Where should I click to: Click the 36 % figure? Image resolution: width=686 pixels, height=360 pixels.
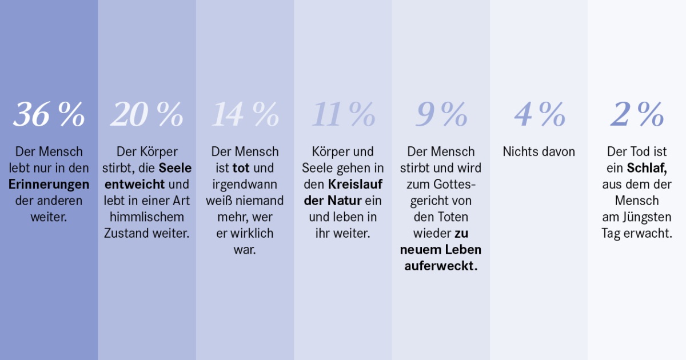(49, 115)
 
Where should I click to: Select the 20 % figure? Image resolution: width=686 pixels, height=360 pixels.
(147, 115)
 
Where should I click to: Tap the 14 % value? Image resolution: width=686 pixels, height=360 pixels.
(245, 115)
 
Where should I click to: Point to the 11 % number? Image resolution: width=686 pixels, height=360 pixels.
(343, 115)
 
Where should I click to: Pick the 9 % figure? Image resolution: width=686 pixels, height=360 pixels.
(441, 115)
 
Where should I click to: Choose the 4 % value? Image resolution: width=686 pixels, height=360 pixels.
(539, 115)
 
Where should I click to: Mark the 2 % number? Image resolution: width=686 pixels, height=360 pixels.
(637, 115)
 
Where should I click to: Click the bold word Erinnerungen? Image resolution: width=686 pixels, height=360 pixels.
(49, 185)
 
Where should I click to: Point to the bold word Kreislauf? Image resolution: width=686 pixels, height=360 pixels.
(355, 185)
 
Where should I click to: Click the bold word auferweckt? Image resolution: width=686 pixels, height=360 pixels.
(440, 266)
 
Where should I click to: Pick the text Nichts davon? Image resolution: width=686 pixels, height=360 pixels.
(539, 152)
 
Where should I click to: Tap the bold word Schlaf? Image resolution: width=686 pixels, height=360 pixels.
(647, 169)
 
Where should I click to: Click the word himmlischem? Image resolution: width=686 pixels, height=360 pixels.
(147, 217)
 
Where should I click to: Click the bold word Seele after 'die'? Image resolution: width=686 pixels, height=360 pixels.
(175, 169)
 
